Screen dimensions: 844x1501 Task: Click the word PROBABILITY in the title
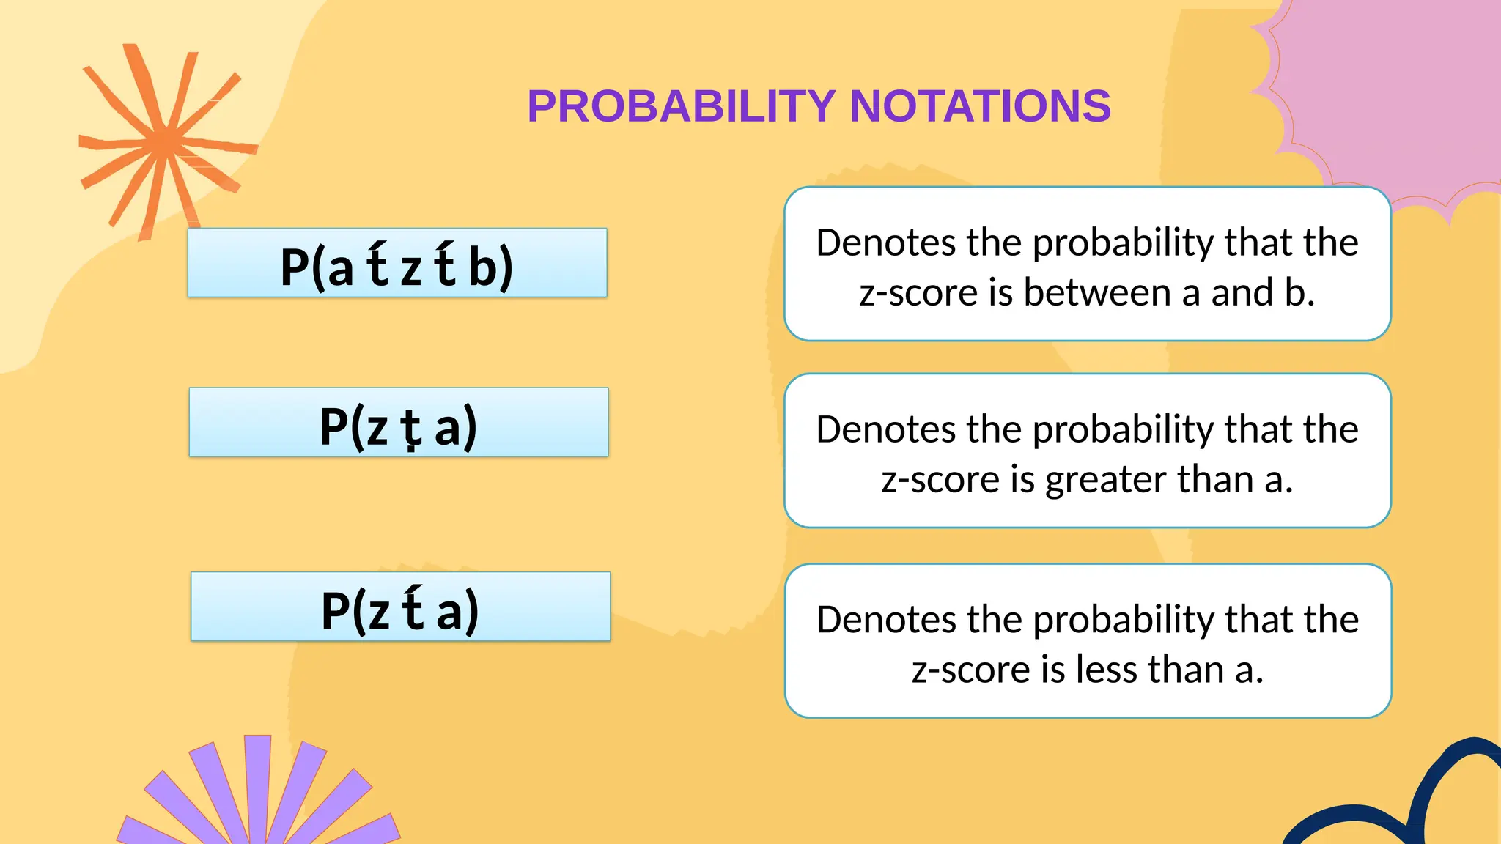pos(681,106)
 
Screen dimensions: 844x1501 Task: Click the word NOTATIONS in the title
pos(980,106)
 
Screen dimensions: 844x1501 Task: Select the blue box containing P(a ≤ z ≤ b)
pos(397,263)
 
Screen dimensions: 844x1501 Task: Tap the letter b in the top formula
pos(483,267)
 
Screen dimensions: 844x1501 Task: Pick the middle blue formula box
pos(399,423)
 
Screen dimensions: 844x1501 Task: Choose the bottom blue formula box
pos(400,607)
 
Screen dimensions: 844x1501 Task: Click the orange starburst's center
pos(167,141)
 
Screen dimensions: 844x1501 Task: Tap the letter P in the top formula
pos(294,267)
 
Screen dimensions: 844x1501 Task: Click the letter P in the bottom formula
pos(335,611)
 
